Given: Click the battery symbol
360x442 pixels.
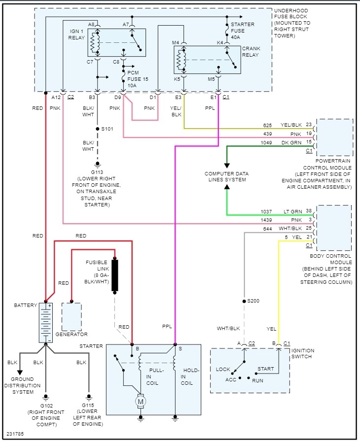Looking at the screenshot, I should click(45, 323).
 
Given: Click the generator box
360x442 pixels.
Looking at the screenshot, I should click(72, 316).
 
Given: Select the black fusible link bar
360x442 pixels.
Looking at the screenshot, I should click(115, 275).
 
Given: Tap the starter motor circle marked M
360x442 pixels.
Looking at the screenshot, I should click(141, 402).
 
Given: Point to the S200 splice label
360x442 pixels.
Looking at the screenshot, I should click(253, 301).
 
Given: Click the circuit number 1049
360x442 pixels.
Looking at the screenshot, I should click(266, 143).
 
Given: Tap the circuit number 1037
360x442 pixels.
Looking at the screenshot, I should click(266, 211).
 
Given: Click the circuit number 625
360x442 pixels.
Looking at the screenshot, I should click(267, 125).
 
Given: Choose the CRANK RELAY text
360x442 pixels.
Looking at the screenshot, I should click(250, 52).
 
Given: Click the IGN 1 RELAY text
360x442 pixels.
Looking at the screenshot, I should click(76, 34).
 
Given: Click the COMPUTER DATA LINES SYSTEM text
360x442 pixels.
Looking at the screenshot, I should click(227, 177).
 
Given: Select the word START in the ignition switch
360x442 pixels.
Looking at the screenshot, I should click(265, 369).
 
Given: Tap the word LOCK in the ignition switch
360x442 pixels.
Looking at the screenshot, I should click(223, 369).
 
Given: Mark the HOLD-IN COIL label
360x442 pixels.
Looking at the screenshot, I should click(190, 376).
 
